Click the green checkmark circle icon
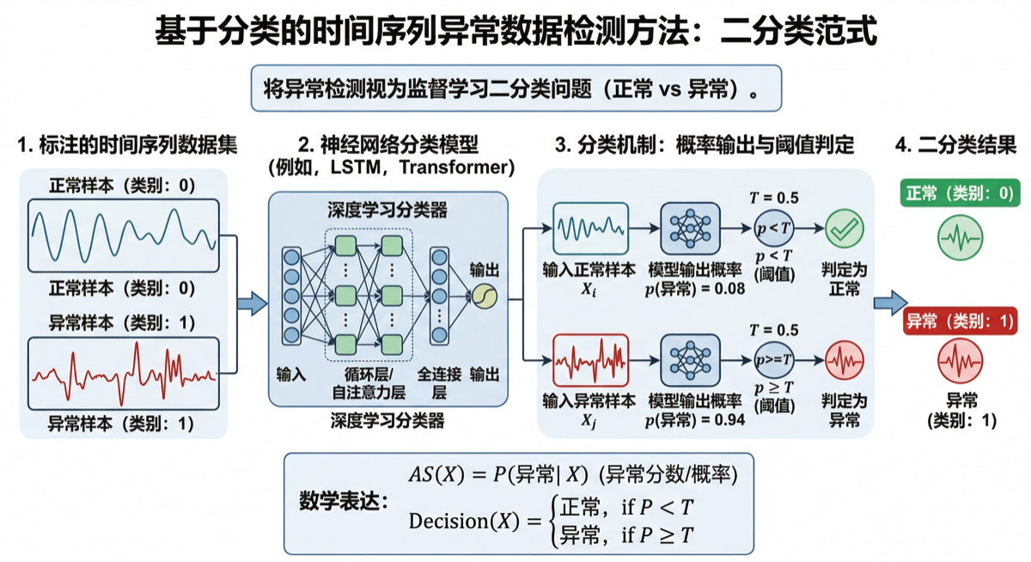(x=844, y=228)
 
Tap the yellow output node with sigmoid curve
(x=484, y=296)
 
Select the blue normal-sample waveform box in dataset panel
(x=123, y=232)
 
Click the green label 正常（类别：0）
(x=961, y=194)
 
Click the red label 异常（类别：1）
(x=961, y=322)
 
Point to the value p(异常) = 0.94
(x=695, y=419)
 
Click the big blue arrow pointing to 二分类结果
(x=891, y=302)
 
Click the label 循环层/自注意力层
(x=369, y=384)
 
